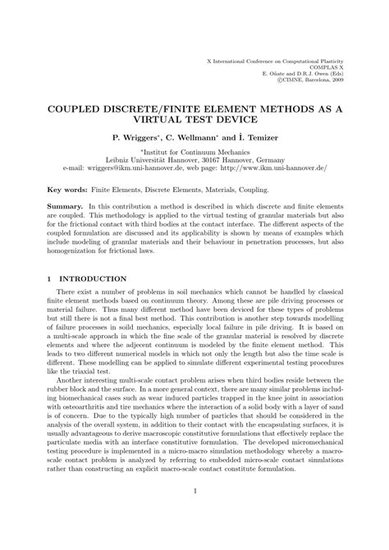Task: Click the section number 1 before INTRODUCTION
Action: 48,279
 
